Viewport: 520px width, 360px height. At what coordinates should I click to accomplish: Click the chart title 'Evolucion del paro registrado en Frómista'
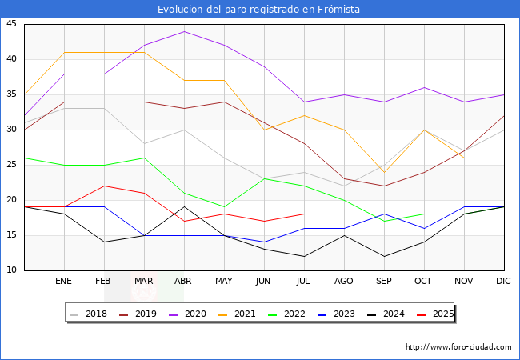[x=259, y=10]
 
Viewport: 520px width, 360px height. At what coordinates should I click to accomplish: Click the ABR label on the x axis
[x=184, y=282]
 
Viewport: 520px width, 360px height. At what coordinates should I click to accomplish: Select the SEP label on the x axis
[x=384, y=282]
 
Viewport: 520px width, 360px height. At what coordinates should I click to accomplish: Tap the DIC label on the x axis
[x=504, y=282]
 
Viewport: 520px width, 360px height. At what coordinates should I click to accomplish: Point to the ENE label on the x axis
[x=64, y=282]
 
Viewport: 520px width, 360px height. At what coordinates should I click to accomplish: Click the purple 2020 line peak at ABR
[x=184, y=31]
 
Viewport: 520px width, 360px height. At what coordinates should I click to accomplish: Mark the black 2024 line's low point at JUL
[x=304, y=256]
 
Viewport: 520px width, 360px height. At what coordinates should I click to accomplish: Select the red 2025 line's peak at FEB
[x=104, y=186]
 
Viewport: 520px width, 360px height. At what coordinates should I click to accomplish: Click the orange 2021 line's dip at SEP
[x=384, y=172]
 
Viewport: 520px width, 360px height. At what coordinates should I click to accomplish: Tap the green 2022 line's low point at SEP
[x=384, y=221]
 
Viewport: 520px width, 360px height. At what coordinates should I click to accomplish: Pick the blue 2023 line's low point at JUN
[x=264, y=242]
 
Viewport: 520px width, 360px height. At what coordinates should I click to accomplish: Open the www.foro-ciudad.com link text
[x=458, y=347]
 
